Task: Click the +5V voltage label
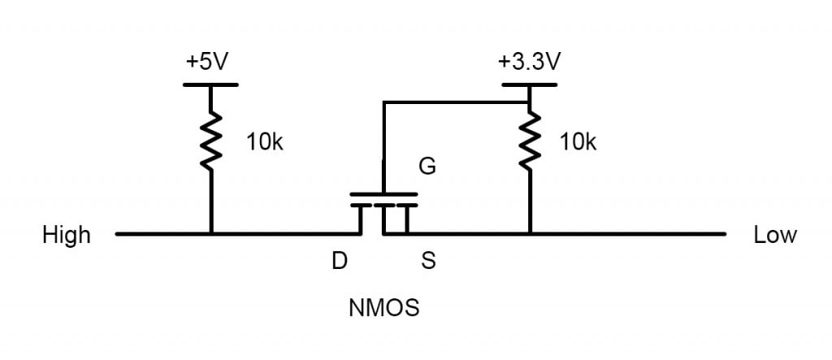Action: (208, 63)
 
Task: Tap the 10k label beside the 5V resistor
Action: (265, 143)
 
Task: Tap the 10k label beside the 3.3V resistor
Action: (578, 143)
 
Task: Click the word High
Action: (67, 236)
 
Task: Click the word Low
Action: (775, 236)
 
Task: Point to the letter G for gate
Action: (427, 167)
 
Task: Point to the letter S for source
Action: (427, 262)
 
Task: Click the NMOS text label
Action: (383, 309)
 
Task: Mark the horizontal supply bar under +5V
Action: (211, 85)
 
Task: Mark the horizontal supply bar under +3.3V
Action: (530, 85)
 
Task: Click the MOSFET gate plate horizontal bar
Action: (383, 195)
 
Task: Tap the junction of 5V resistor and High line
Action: (211, 234)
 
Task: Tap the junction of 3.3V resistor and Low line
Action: (530, 234)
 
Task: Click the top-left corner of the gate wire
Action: (383, 103)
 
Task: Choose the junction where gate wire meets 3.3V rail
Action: (530, 103)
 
